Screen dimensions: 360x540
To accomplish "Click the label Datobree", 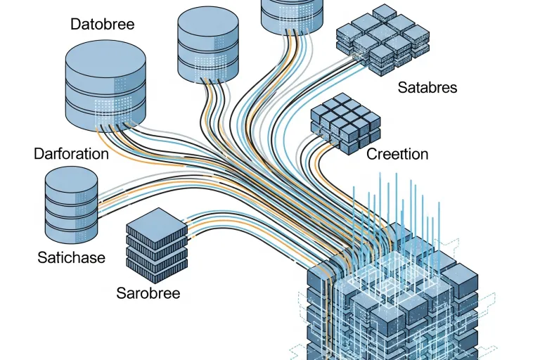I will (x=102, y=24).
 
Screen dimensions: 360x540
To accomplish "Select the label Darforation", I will (x=71, y=153).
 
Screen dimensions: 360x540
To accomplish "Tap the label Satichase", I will (x=71, y=257).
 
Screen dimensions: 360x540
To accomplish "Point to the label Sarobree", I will (x=148, y=292).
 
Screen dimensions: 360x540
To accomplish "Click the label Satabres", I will (x=427, y=88).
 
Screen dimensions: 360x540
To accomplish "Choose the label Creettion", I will (x=397, y=154).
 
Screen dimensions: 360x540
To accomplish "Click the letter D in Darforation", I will (x=38, y=153).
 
